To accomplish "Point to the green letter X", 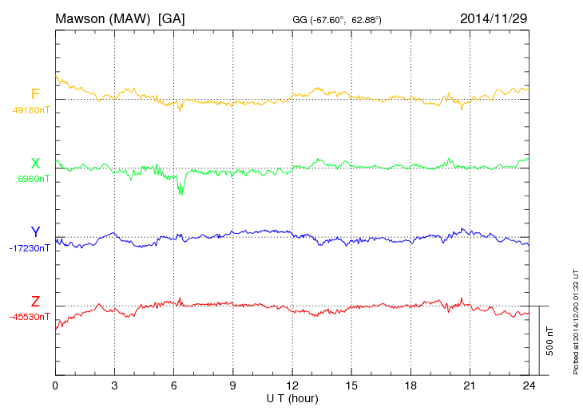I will [x=35, y=164].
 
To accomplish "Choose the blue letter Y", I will [x=35, y=232].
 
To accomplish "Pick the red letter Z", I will [x=35, y=302].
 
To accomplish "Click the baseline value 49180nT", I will [x=30, y=110].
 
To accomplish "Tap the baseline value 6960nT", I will [x=34, y=179].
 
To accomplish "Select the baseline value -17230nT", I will [x=30, y=248].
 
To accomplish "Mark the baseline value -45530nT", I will [x=30, y=317].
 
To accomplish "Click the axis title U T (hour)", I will [x=292, y=397].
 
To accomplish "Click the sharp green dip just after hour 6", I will [x=180, y=190].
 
